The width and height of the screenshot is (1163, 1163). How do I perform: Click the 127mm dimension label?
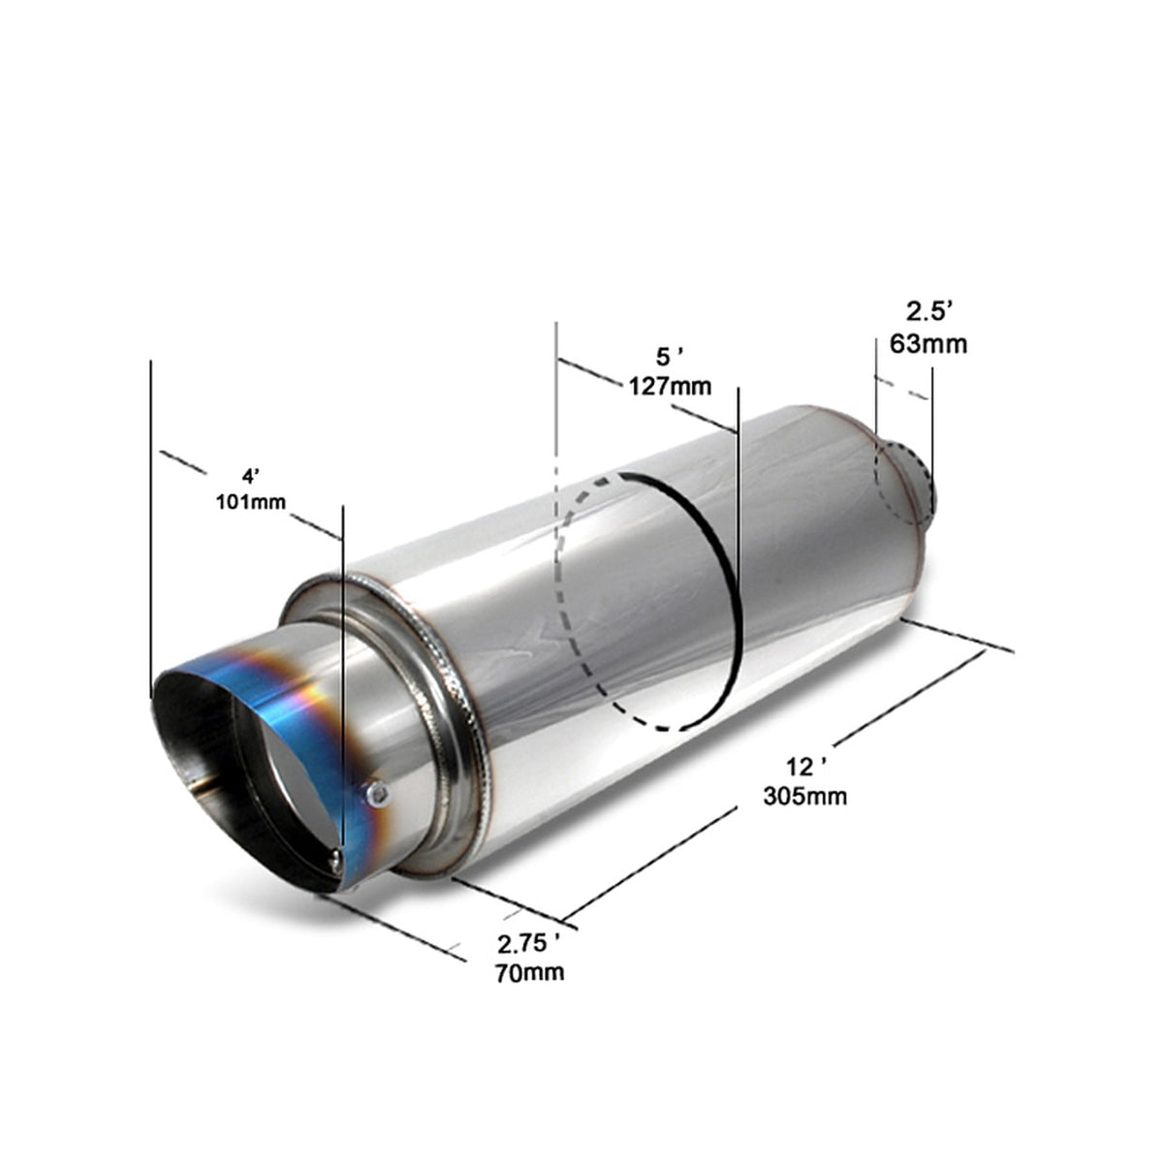[670, 387]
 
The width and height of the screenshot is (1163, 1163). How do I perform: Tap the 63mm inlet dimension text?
[927, 343]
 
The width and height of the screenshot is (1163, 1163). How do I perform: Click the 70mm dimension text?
[529, 972]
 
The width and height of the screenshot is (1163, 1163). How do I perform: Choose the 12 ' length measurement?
[806, 768]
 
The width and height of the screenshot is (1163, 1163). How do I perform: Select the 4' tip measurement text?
[251, 476]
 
